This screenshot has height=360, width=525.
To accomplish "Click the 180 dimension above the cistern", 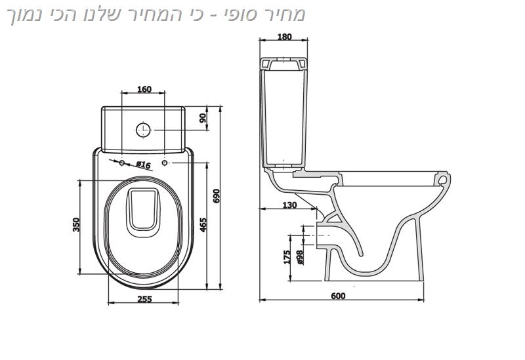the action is [x=285, y=37].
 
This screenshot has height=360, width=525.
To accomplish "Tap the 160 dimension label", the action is [x=144, y=89].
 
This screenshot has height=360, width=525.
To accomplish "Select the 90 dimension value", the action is [x=203, y=118].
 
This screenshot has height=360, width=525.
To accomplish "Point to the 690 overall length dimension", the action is [x=217, y=196].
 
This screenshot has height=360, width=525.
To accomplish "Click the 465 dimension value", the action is [x=203, y=225].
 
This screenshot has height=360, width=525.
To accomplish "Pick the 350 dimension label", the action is [x=76, y=225].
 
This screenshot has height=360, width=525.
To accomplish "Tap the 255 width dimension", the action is [x=144, y=299].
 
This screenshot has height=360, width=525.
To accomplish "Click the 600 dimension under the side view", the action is [x=338, y=296].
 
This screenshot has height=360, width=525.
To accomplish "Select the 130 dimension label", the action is [x=289, y=205].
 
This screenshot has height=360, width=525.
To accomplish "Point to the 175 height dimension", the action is [x=287, y=257].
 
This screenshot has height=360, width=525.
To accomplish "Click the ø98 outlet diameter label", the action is [x=300, y=258].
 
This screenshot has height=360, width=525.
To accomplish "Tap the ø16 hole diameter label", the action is [x=143, y=165].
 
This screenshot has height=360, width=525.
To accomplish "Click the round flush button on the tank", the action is [x=143, y=130].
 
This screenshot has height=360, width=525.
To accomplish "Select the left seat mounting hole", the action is [x=122, y=163].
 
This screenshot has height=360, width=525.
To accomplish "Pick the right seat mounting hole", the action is [x=165, y=163].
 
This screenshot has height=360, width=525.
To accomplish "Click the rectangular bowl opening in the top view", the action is [x=144, y=210].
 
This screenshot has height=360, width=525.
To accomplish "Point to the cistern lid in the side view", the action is [x=283, y=64].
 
